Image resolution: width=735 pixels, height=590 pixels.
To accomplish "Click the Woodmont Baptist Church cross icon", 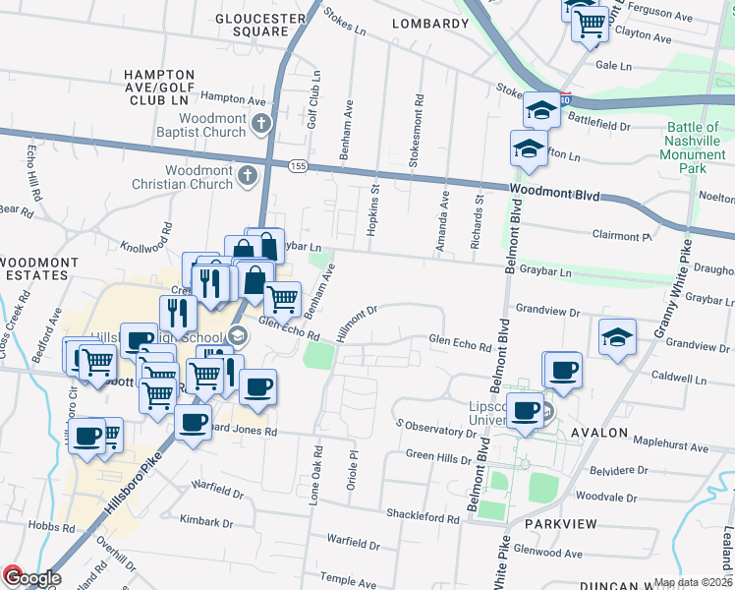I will [x=260, y=124].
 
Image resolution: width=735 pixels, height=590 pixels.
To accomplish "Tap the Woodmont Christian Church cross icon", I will [x=249, y=177].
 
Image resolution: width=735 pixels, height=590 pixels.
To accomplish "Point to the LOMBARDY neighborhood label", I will [x=429, y=24].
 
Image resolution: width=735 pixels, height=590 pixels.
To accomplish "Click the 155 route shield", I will [x=299, y=167].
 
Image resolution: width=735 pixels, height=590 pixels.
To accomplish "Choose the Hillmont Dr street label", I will [x=357, y=324].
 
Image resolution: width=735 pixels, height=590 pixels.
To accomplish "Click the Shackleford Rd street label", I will [x=423, y=518].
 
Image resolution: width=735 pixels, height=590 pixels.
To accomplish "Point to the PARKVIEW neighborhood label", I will [x=560, y=524].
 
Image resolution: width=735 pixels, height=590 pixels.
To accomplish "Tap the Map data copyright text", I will [x=694, y=582].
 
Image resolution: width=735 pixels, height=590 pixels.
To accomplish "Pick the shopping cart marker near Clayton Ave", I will [x=590, y=25].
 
